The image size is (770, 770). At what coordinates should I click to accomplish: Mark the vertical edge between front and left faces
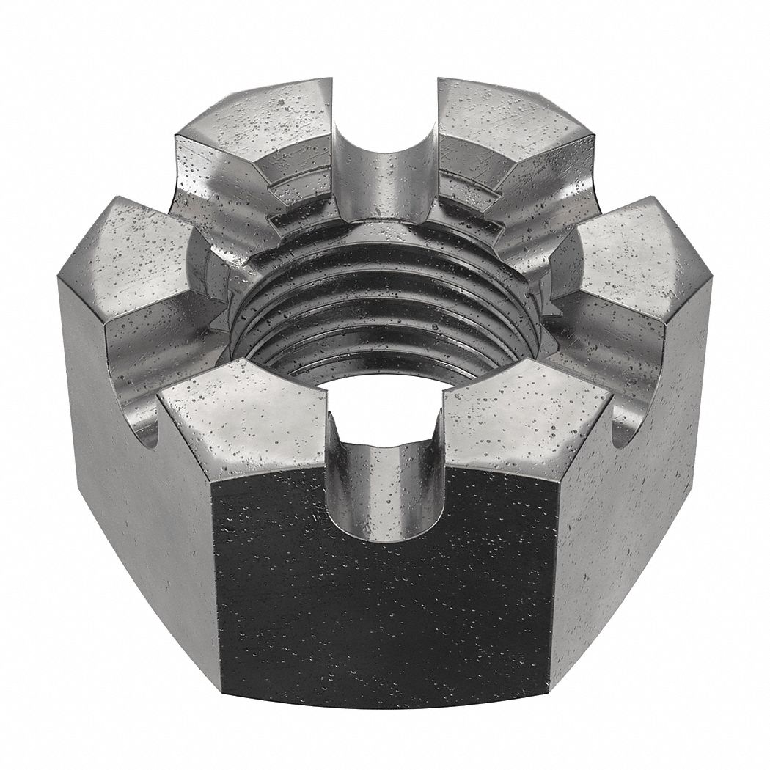[x=214, y=587]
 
